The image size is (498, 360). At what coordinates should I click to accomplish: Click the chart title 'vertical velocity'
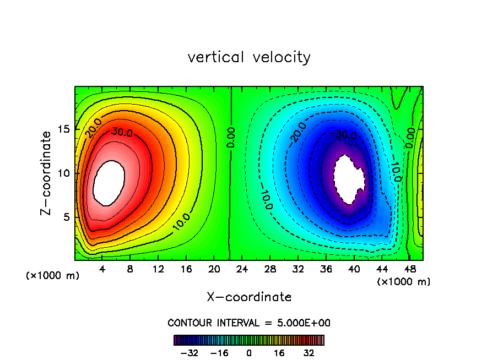point(249,57)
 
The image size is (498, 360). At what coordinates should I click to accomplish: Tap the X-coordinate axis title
point(249,297)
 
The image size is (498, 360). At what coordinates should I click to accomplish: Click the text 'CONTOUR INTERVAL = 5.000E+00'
point(249,323)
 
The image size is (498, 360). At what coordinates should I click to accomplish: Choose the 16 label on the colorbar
point(278,352)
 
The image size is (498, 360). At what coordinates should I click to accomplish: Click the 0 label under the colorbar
point(249,352)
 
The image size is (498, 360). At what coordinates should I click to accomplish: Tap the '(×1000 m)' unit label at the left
point(53,276)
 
